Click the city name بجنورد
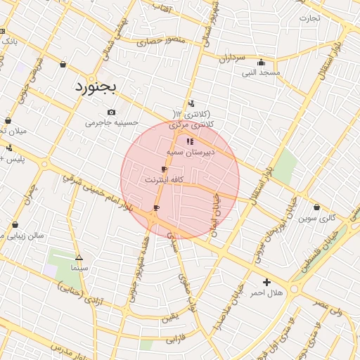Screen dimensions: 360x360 click(x=98, y=87)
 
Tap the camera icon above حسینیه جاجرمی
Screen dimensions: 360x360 click(x=111, y=112)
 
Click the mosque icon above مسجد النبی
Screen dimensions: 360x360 click(x=262, y=62)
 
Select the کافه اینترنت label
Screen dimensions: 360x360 click(x=164, y=180)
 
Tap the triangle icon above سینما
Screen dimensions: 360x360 click(x=79, y=258)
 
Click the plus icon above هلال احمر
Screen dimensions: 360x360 click(x=266, y=282)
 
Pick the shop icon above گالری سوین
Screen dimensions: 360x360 click(x=317, y=207)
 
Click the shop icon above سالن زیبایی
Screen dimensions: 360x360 click(x=15, y=225)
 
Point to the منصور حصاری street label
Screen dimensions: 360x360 click(x=160, y=41)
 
